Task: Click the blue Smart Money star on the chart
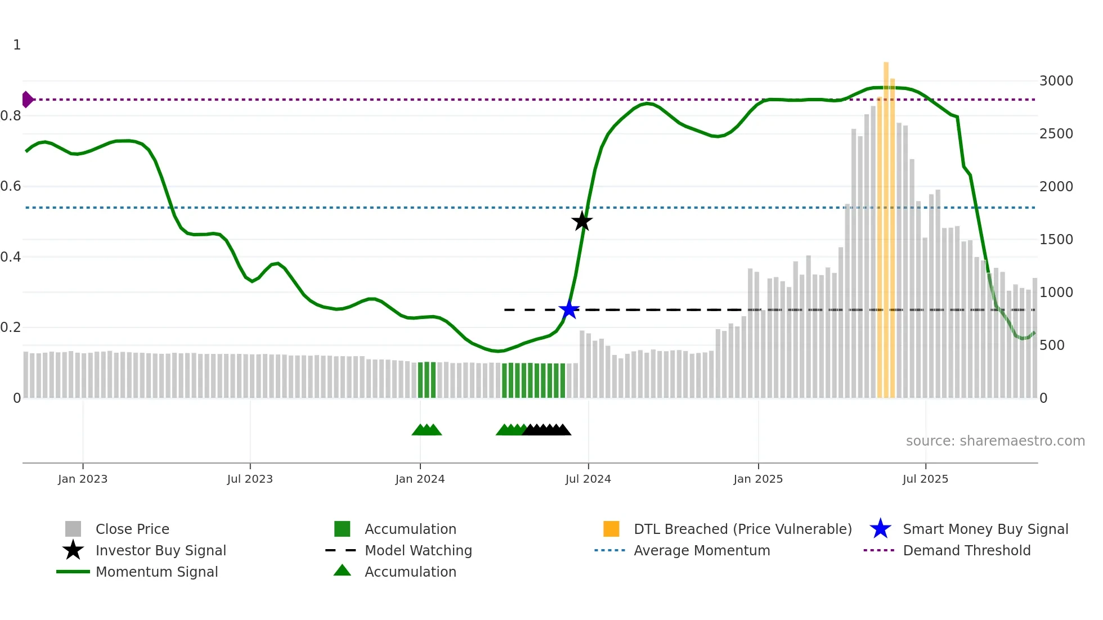coord(569,309)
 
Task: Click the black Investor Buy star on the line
coord(582,221)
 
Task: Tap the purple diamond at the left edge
coord(27,100)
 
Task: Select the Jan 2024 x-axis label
coord(420,479)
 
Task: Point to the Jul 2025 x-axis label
coord(925,479)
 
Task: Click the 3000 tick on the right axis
coord(1056,81)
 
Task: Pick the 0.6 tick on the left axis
coord(11,186)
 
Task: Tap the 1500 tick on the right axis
coord(1056,240)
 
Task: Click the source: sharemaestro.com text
coord(995,441)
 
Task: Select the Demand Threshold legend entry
coord(966,550)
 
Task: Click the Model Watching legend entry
coord(418,550)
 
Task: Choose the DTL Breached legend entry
coord(742,529)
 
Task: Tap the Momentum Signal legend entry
coord(156,572)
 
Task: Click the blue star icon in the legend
coord(880,529)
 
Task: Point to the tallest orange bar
coord(886,225)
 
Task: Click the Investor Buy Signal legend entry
coord(160,550)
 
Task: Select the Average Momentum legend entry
coord(702,550)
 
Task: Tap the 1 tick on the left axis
coord(17,45)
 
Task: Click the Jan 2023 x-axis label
coord(83,479)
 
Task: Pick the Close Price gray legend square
coord(73,529)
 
